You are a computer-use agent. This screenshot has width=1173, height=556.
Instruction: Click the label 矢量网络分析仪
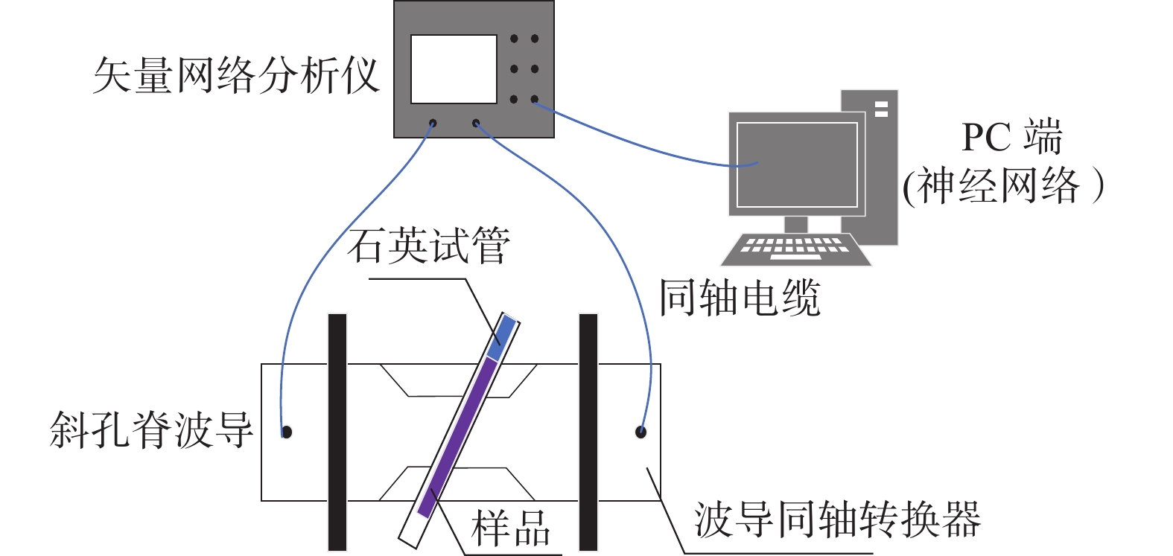click(235, 76)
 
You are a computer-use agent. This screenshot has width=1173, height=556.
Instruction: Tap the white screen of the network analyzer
click(454, 68)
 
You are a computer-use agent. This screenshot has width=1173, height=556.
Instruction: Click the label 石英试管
click(428, 246)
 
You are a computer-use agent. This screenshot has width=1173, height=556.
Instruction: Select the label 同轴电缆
click(740, 298)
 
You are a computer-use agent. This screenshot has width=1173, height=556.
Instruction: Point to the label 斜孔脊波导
click(151, 430)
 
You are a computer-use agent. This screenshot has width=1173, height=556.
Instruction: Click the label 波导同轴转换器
click(837, 520)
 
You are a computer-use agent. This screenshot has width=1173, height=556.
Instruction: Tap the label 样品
click(511, 528)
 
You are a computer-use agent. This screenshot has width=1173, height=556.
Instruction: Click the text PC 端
click(1011, 137)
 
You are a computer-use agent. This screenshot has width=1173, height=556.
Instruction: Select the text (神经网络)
click(1002, 185)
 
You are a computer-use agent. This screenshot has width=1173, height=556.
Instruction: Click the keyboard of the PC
click(795, 249)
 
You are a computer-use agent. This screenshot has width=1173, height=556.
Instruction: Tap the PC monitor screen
click(797, 164)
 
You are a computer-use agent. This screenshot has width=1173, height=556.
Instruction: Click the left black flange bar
click(337, 432)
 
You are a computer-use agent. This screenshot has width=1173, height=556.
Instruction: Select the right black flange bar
click(588, 432)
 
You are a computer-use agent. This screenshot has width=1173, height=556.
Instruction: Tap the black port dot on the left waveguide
click(287, 432)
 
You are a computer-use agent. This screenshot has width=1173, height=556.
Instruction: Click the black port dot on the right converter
click(640, 432)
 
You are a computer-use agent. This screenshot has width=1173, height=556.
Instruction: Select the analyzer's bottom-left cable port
click(433, 124)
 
